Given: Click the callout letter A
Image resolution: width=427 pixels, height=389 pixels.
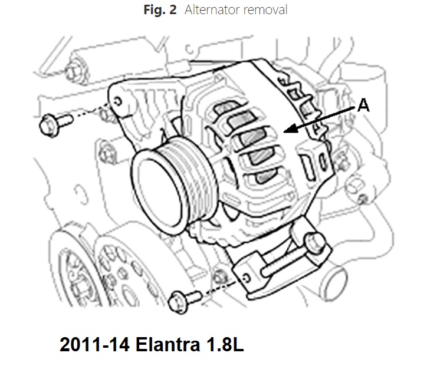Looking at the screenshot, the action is click(x=363, y=106).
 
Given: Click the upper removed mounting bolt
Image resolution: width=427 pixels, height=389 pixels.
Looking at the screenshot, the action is click(x=56, y=124).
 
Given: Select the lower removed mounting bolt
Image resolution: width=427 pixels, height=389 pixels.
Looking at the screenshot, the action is click(x=185, y=301).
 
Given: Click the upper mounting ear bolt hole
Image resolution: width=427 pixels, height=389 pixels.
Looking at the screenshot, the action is click(x=118, y=101).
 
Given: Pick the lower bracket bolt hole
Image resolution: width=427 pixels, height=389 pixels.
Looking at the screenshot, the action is click(x=246, y=278).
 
